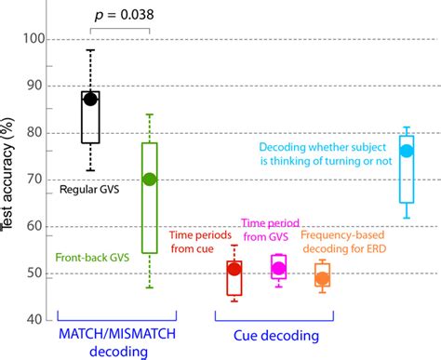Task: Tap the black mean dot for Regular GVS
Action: point(90,99)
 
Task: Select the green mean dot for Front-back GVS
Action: point(149,179)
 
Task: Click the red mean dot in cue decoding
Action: point(234,269)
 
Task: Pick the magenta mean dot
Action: point(278,268)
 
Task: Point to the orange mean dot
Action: point(322,278)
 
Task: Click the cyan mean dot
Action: point(406,151)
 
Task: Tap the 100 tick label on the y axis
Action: point(32,40)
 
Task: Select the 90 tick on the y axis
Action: point(34,87)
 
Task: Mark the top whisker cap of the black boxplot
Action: point(90,50)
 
